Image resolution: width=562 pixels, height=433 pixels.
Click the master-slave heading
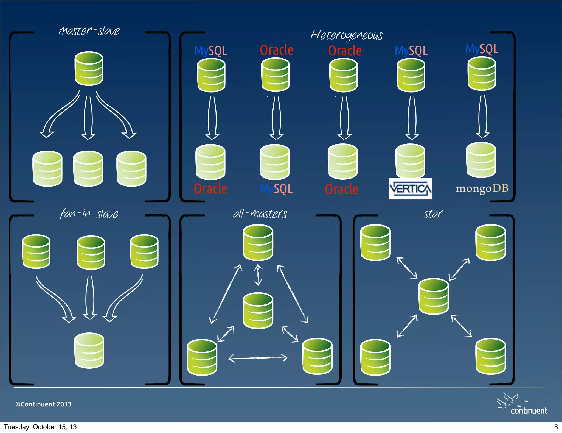pyautogui.click(x=89, y=31)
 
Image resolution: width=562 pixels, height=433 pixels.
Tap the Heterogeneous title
pyautogui.click(x=347, y=35)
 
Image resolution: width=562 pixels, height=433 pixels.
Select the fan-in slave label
pyautogui.click(x=89, y=214)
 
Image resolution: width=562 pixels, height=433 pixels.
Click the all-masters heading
pyautogui.click(x=260, y=214)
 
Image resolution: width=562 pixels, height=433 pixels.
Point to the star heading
pyautogui.click(x=433, y=214)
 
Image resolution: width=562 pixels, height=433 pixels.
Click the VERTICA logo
pyautogui.click(x=411, y=189)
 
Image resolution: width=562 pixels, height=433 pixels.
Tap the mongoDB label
pyautogui.click(x=482, y=188)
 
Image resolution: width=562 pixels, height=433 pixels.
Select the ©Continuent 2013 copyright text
pyautogui.click(x=43, y=404)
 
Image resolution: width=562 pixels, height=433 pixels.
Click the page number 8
pyautogui.click(x=556, y=427)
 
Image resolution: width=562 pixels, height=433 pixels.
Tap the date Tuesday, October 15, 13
pyautogui.click(x=40, y=427)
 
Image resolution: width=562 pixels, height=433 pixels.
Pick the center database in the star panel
pyautogui.click(x=434, y=296)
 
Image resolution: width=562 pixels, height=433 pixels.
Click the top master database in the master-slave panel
pyautogui.click(x=89, y=68)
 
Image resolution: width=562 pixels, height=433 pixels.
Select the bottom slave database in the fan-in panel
pyautogui.click(x=89, y=350)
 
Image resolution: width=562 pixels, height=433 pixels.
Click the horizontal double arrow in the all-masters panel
pyautogui.click(x=258, y=358)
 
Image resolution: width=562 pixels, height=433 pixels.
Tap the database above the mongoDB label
pyautogui.click(x=481, y=160)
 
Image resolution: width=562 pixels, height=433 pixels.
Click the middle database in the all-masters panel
pyautogui.click(x=258, y=310)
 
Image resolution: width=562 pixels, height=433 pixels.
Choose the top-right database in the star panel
pyautogui.click(x=491, y=242)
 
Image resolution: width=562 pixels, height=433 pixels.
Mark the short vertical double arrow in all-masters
pyautogui.click(x=258, y=275)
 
